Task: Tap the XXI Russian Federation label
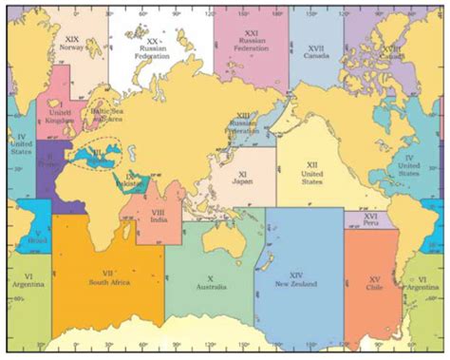(x=248, y=43)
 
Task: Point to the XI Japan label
(x=242, y=180)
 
